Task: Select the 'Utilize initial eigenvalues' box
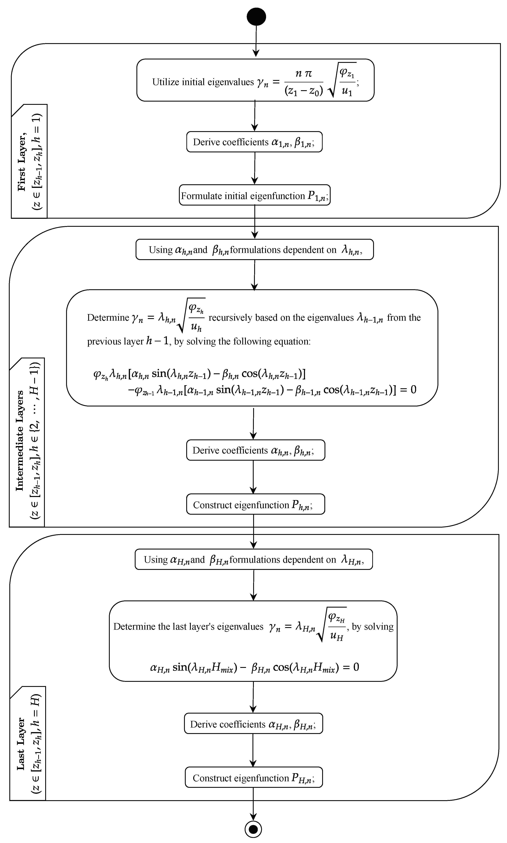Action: pos(255,80)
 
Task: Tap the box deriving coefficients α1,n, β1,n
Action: pos(254,142)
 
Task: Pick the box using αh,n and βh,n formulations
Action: pos(255,250)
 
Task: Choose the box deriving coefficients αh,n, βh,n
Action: pos(255,450)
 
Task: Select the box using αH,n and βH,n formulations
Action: pos(253,559)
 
